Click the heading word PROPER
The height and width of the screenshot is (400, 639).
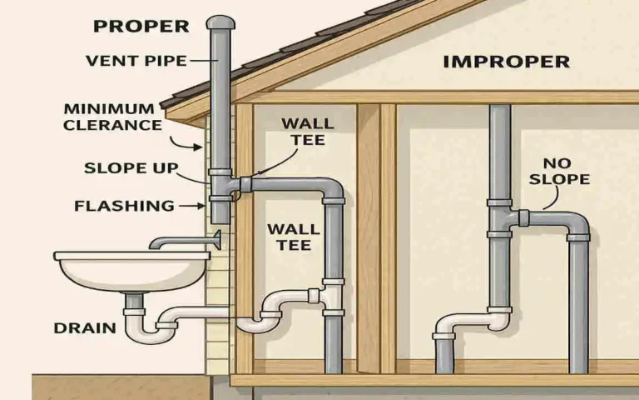pyautogui.click(x=131, y=26)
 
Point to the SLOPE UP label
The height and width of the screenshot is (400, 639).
pyautogui.click(x=131, y=168)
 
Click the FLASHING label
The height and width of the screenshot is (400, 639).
pyautogui.click(x=124, y=205)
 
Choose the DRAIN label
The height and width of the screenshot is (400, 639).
pyautogui.click(x=85, y=327)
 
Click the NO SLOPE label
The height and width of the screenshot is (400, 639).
pyautogui.click(x=566, y=172)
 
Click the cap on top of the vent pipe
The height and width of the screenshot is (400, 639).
pyautogui.click(x=220, y=22)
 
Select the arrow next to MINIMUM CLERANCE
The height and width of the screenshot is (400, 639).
pyautogui.click(x=192, y=143)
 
